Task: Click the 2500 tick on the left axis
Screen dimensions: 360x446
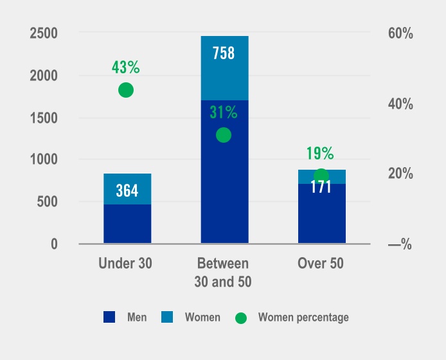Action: [x=44, y=33]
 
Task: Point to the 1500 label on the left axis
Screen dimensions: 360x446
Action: [x=44, y=118]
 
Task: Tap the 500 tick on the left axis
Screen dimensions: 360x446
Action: [x=47, y=202]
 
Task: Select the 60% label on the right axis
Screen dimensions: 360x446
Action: [x=400, y=33]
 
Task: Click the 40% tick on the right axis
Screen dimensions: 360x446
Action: [x=400, y=104]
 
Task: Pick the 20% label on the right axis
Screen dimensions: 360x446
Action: [x=400, y=174]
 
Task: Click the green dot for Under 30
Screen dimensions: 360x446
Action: [x=126, y=90]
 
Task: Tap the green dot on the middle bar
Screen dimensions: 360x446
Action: [x=224, y=135]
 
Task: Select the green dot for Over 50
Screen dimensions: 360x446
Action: [x=321, y=176]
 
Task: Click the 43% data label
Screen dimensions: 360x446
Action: [x=126, y=67]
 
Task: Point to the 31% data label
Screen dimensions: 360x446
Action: [x=224, y=113]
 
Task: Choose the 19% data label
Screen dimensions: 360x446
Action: [x=319, y=154]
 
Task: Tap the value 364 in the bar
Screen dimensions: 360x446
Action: [x=127, y=191]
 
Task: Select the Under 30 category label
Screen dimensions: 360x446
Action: [x=127, y=264]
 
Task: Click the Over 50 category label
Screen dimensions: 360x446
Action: [x=321, y=264]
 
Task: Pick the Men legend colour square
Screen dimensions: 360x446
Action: [x=109, y=317]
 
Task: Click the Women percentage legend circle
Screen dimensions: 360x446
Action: [x=241, y=318]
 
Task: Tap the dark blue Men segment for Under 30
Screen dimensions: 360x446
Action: [x=127, y=224]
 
